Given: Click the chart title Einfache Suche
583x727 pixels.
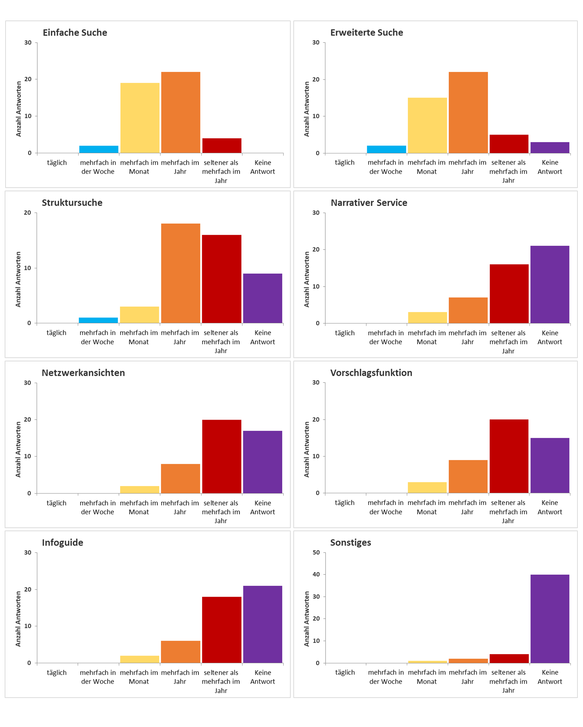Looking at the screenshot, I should pos(75,32).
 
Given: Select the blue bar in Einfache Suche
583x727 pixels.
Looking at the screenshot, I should pos(99,149).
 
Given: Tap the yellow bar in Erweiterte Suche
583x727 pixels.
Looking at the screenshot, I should pos(427,125).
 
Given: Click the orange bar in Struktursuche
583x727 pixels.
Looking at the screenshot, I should pos(181,273).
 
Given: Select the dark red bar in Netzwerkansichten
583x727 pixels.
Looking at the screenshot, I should pos(222,456).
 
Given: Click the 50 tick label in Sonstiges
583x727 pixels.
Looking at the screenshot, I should pos(316,552).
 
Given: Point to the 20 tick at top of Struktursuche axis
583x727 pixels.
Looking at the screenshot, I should pos(27,213).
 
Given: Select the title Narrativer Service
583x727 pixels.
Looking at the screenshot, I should pos(369,203).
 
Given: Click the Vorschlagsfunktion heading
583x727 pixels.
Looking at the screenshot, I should pos(371,373).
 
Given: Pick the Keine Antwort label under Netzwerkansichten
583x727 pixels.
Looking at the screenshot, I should pos(262,507).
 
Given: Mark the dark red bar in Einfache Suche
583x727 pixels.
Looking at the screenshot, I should pos(222,145).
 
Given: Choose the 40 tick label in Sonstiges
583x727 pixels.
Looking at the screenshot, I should pos(316,574).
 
